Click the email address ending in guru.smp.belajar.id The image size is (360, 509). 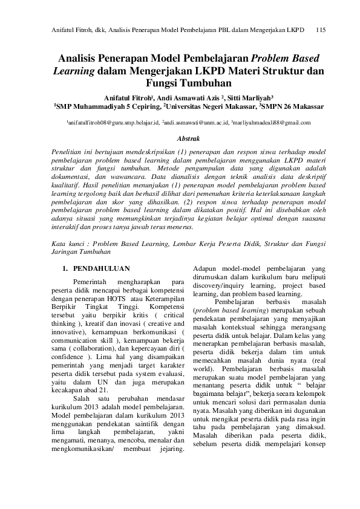(x=113, y=122)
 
